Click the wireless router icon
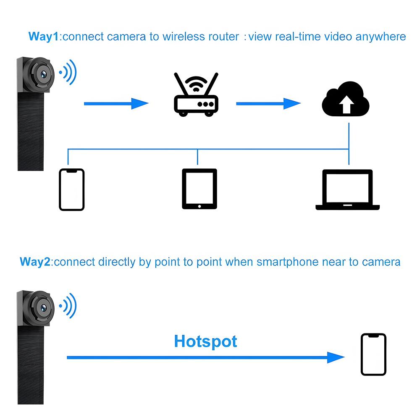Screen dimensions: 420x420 click(196, 96)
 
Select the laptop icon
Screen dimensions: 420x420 click(347, 190)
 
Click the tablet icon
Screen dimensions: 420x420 click(199, 189)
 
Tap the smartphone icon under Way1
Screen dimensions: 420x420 click(71, 189)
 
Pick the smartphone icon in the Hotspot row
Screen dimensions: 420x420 click(373, 354)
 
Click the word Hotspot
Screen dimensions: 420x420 click(205, 341)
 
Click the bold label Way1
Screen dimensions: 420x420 click(44, 37)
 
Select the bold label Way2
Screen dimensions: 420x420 click(36, 262)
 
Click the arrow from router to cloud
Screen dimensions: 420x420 click(269, 103)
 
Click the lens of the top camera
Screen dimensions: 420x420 click(43, 74)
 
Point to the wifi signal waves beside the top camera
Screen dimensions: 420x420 click(68, 72)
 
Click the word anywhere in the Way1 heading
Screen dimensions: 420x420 click(381, 37)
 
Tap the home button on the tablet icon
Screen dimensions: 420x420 click(199, 206)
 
